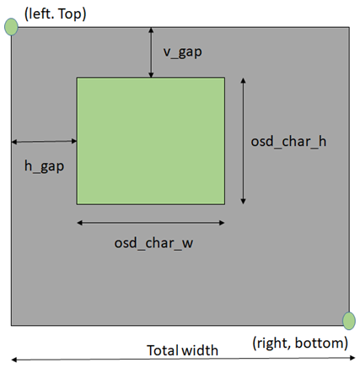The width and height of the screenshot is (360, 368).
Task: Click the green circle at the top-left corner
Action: point(12,27)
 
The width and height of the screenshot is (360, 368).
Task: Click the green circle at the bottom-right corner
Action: point(349,321)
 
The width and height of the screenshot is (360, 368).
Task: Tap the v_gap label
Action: point(183,52)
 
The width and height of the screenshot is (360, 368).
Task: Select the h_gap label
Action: point(44,166)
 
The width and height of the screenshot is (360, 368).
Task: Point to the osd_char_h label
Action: point(288,141)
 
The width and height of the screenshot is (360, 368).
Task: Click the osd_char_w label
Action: point(153,243)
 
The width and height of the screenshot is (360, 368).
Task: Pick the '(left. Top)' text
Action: point(56,14)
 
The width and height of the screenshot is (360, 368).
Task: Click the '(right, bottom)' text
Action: point(300,343)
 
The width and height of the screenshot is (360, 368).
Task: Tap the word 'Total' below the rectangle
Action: point(164,350)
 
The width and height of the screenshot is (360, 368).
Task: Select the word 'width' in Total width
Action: point(200,350)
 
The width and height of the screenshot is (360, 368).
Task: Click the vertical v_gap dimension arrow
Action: point(151,52)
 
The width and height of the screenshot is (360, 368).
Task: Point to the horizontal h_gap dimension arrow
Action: point(44,142)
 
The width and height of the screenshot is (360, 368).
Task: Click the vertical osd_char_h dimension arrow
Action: point(244,141)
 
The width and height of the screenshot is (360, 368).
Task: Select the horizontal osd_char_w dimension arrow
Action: point(151,223)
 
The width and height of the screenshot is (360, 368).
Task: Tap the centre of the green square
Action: point(151,141)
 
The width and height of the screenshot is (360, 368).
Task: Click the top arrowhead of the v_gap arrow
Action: point(151,30)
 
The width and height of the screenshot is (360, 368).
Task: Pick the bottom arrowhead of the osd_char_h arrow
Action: point(244,202)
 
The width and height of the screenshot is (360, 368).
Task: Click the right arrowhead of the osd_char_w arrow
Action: point(222,223)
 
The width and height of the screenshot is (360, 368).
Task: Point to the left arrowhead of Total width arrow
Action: point(14,360)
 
